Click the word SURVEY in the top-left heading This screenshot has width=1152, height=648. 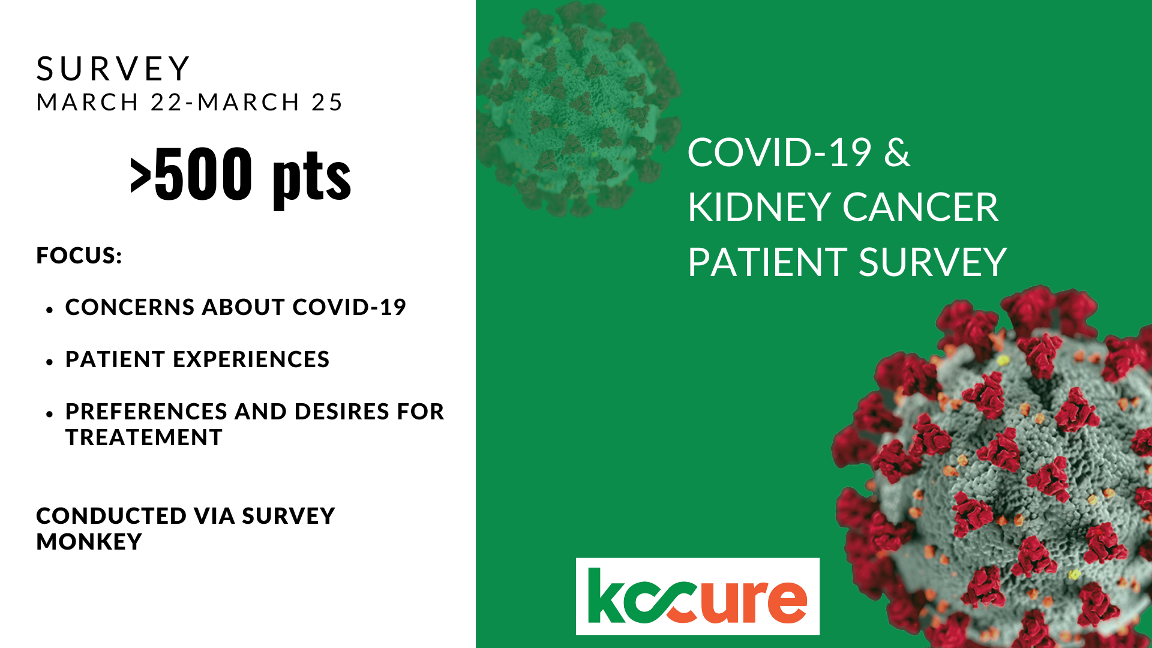(x=113, y=68)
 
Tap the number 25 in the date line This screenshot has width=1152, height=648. (x=327, y=102)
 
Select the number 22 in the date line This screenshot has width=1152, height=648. (x=166, y=102)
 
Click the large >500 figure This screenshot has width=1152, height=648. (x=191, y=174)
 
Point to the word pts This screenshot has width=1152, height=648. (x=311, y=178)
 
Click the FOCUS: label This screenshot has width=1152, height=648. (x=79, y=256)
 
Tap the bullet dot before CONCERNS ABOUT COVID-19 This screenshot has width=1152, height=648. (x=50, y=310)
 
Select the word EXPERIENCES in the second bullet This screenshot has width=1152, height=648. (x=251, y=359)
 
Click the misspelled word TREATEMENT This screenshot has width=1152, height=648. (x=144, y=437)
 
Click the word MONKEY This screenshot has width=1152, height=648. (x=89, y=542)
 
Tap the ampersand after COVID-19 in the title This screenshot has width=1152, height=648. (x=898, y=152)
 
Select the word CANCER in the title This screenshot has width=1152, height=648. (x=920, y=208)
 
